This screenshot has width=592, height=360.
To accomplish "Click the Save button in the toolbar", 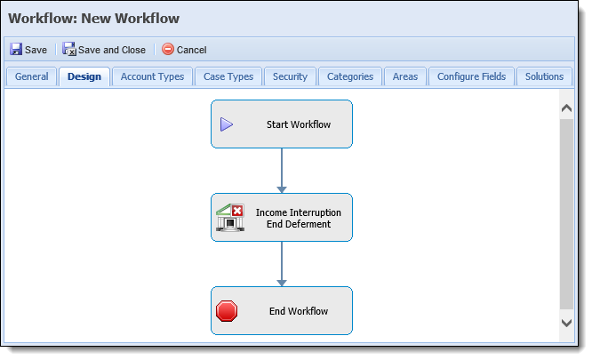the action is pyautogui.click(x=28, y=50).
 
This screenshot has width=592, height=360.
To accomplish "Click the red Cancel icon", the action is pyautogui.click(x=168, y=49).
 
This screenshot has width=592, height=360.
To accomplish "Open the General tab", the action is pyautogui.click(x=32, y=76).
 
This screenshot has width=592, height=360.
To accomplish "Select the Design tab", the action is pyautogui.click(x=84, y=76).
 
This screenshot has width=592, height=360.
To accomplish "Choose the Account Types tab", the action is pyautogui.click(x=152, y=76).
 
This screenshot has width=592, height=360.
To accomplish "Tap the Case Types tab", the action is pyautogui.click(x=228, y=76).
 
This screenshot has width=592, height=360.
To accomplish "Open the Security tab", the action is pyautogui.click(x=290, y=76).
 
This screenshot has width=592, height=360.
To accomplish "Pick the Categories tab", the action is pyautogui.click(x=350, y=76).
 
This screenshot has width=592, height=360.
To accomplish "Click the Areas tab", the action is pyautogui.click(x=405, y=76).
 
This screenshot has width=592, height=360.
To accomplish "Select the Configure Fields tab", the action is pyautogui.click(x=472, y=76).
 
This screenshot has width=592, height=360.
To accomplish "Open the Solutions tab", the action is pyautogui.click(x=544, y=76).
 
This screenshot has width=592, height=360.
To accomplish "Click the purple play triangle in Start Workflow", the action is pyautogui.click(x=227, y=124).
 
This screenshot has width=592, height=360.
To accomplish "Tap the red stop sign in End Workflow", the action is pyautogui.click(x=227, y=311).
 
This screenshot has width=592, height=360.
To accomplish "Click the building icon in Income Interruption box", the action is pyautogui.click(x=230, y=218).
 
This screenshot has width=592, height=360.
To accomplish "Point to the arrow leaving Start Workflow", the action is pyautogui.click(x=282, y=171).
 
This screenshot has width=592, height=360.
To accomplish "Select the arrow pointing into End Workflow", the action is pyautogui.click(x=282, y=264).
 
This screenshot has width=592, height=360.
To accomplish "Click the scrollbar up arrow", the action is pyautogui.click(x=566, y=108).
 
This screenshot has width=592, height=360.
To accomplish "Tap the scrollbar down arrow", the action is pyautogui.click(x=566, y=323).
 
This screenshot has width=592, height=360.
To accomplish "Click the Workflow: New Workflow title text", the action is pyautogui.click(x=93, y=19).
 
